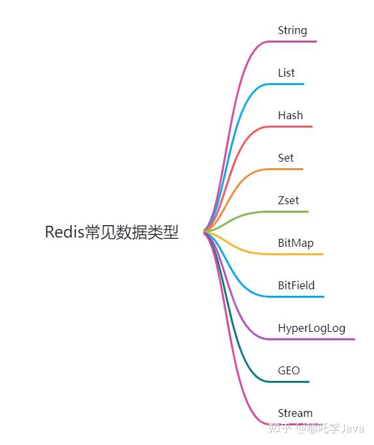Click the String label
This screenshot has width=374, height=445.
[x=292, y=31]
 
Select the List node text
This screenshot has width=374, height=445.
[x=286, y=73]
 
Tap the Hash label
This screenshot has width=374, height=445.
[x=290, y=115]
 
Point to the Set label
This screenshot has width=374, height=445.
[x=286, y=158]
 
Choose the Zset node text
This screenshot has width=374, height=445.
[x=288, y=200]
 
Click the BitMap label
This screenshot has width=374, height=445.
[x=296, y=243]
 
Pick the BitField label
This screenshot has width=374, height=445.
[x=296, y=285]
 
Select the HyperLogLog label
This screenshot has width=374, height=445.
[x=311, y=328]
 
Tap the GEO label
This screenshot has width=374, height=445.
[x=289, y=370]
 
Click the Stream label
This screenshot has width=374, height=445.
[x=295, y=413]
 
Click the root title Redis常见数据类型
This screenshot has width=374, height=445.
[x=112, y=232]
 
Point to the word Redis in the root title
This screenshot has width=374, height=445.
[x=64, y=232]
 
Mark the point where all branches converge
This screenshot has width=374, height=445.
[x=205, y=231]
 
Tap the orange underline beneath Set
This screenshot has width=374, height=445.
[x=288, y=169]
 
